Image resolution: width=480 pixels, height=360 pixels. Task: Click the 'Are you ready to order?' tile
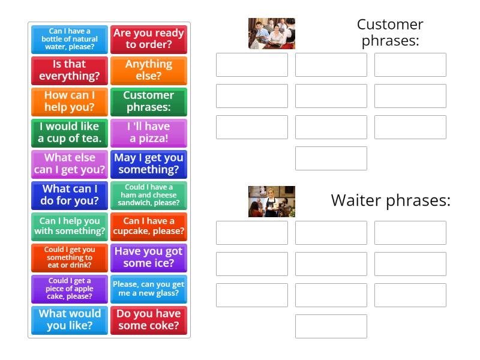(x=149, y=39)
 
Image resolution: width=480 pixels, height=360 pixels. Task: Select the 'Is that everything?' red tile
(x=70, y=70)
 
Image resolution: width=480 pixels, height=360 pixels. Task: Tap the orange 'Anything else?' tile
(x=149, y=70)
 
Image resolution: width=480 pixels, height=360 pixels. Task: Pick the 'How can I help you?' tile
(x=70, y=101)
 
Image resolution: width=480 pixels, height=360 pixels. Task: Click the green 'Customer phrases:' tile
(x=149, y=101)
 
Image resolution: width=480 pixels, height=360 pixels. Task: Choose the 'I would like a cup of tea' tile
(x=70, y=133)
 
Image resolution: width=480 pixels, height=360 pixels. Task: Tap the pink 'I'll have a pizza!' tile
(x=149, y=133)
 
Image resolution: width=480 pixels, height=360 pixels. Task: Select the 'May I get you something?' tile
(x=149, y=164)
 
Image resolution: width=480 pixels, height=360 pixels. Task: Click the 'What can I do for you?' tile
(x=70, y=195)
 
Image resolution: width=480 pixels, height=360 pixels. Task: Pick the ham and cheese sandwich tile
(x=149, y=195)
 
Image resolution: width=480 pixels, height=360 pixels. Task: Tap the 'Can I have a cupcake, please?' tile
(x=149, y=226)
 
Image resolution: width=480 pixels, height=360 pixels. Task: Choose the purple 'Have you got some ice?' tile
(x=149, y=257)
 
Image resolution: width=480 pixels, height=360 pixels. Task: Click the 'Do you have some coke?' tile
(x=149, y=320)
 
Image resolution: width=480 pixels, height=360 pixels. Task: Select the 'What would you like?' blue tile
(x=70, y=320)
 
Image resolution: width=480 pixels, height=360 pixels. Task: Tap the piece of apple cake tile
(x=70, y=289)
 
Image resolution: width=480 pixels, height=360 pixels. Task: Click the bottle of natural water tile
(x=70, y=39)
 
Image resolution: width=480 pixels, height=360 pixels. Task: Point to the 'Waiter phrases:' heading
(x=390, y=200)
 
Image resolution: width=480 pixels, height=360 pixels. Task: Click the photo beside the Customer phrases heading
(x=272, y=34)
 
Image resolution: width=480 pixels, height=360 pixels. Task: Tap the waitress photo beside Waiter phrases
(x=272, y=202)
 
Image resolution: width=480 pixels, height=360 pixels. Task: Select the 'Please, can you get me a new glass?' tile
(x=149, y=289)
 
